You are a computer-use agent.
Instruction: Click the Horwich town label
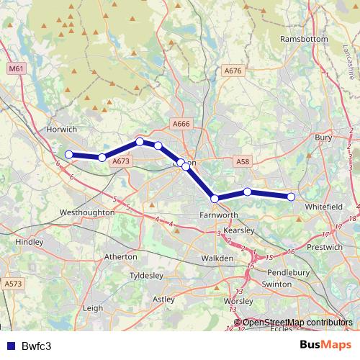pos(61,130)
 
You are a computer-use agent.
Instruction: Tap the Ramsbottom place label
pos(305,38)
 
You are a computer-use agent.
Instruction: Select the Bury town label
pos(323,137)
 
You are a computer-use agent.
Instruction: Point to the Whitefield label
pos(325,207)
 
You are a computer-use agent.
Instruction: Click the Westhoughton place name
pos(87,213)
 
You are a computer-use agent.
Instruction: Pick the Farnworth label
pos(219,215)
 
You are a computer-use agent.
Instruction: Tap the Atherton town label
pos(121,256)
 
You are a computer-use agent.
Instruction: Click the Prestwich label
pos(325,247)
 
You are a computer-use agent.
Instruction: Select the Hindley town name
pos(29,243)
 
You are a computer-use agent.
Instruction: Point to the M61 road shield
pos(17,68)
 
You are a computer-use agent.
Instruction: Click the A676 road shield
pos(233,71)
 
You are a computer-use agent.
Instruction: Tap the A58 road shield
pos(243,163)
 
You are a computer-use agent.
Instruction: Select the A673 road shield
pos(120,162)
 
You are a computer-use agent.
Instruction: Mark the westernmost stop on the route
pos(69,155)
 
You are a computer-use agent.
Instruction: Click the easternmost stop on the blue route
pos(291,197)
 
